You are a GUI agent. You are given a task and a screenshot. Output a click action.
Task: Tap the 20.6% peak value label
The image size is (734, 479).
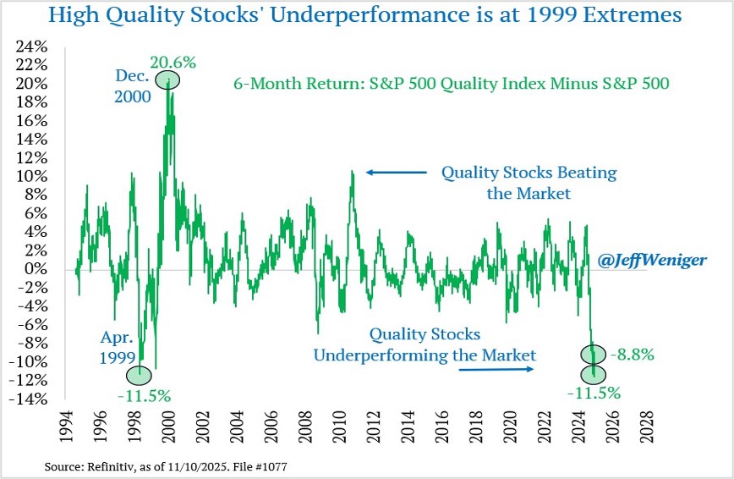[x=173, y=62]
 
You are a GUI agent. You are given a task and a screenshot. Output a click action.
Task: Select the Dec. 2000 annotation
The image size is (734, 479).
[x=134, y=86]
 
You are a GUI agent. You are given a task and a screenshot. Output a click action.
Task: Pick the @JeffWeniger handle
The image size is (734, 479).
[x=652, y=261]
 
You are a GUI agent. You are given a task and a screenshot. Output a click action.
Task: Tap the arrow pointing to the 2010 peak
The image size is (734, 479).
[x=397, y=173]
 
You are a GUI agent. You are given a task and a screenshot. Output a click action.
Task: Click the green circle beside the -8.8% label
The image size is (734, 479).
[x=593, y=355]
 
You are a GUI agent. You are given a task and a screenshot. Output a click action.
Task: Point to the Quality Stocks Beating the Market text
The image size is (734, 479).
[x=529, y=181]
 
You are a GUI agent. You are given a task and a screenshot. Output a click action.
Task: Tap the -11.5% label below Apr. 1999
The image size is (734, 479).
[x=145, y=394]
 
